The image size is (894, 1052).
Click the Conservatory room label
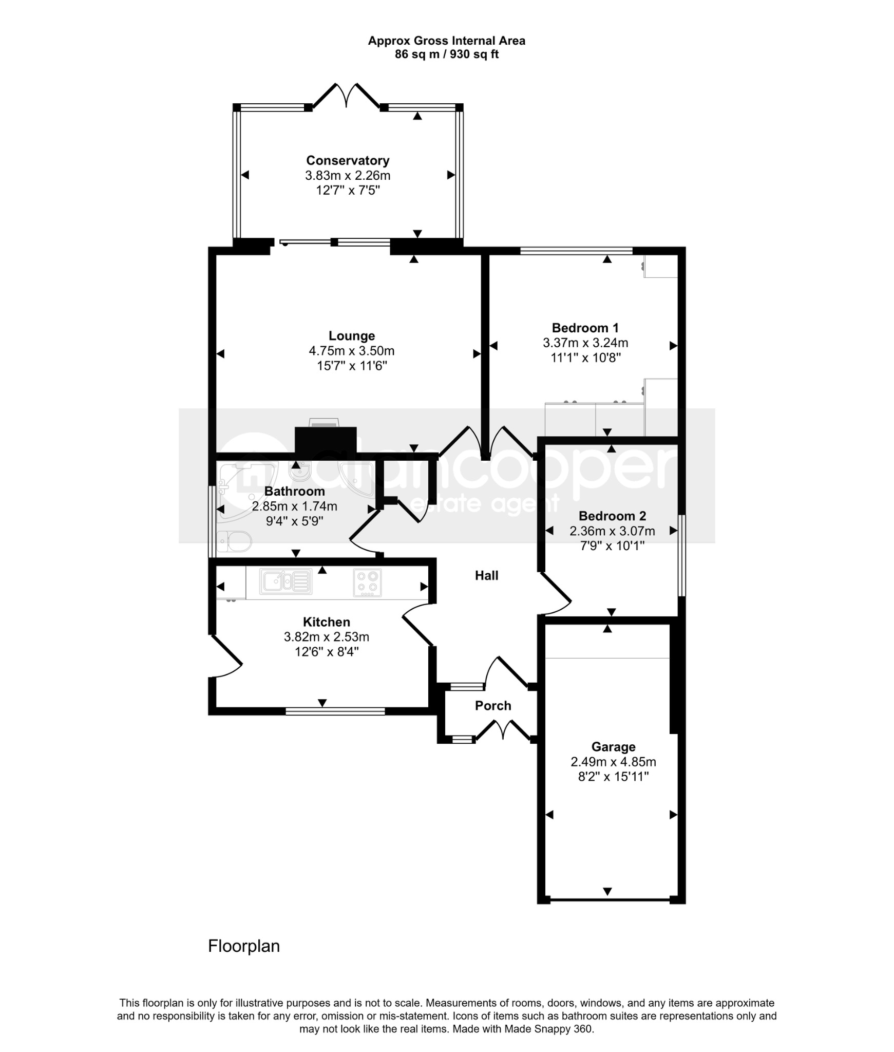pos(348,160)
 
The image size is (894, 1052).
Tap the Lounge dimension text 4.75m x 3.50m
pos(352,351)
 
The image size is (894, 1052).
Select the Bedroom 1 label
pos(585,328)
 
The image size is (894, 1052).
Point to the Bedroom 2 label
pos(612,516)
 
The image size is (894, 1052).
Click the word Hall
pos(487,575)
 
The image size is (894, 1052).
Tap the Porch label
pos(493,706)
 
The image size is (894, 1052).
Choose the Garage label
pos(613,747)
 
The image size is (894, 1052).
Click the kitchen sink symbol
pos(286,581)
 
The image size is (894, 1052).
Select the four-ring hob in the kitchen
pos(367,583)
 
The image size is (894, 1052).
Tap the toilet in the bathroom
pos(234,541)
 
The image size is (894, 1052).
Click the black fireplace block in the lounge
pos(326,440)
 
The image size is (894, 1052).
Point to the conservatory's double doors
pos(348,96)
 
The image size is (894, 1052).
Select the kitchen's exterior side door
pos(226,657)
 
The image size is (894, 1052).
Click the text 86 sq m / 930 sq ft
pos(447,54)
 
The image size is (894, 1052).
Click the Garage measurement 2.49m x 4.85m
pos(613,762)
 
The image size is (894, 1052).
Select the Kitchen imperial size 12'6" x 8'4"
pos(327,652)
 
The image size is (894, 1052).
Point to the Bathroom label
pos(294,491)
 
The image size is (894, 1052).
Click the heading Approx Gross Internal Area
pos(447,41)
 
